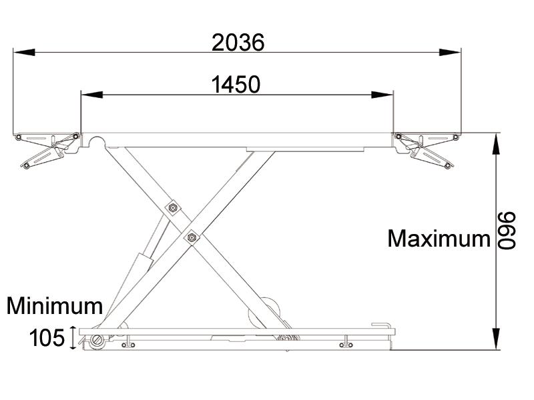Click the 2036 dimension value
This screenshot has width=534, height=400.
pos(238,43)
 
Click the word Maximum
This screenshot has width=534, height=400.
pos(439,238)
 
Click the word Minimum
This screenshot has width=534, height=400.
pos(55,306)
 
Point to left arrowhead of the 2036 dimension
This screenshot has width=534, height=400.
pos(19,51)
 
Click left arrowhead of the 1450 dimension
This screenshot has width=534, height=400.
pos(87,95)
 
